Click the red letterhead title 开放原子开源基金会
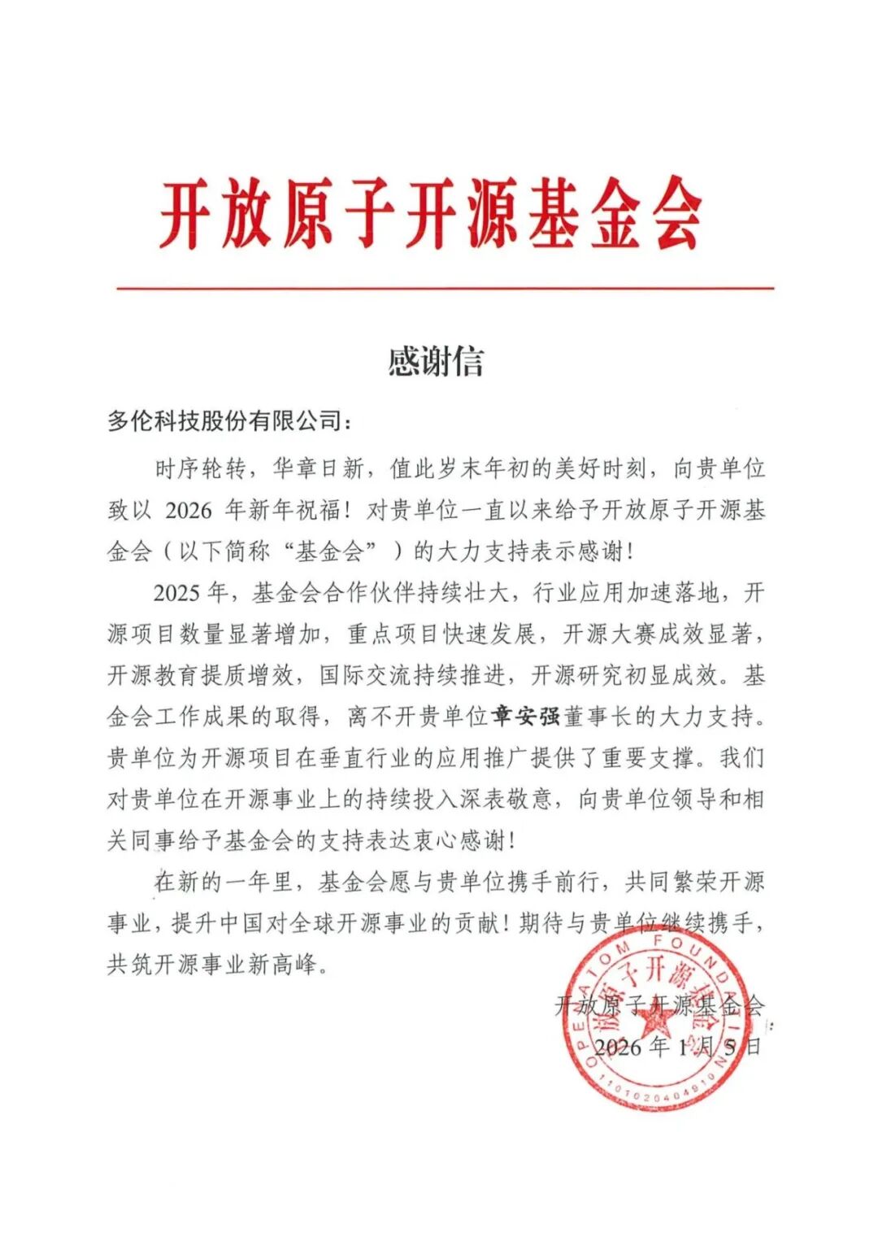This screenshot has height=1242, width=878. [431, 215]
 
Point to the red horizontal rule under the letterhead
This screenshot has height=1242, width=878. [445, 288]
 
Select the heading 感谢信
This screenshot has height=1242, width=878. [436, 362]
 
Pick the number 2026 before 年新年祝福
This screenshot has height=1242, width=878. [188, 511]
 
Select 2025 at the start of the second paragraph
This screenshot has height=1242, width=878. [176, 593]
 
